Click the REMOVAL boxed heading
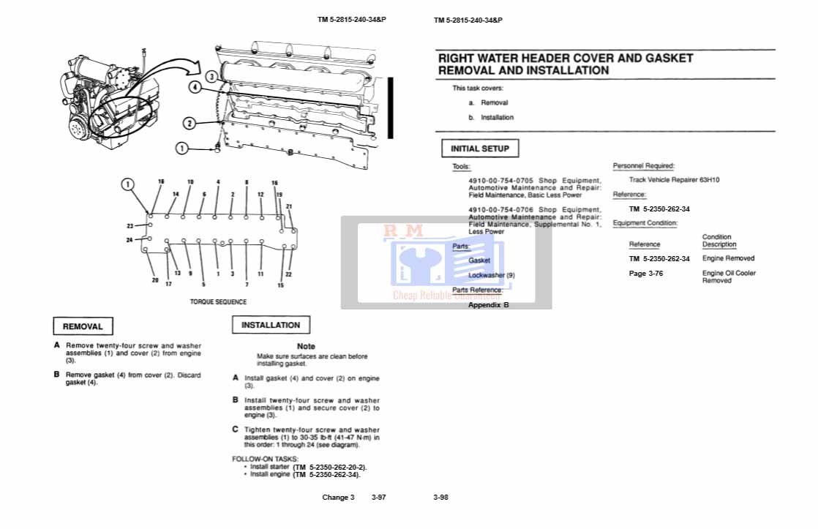click(83, 326)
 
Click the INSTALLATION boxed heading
click(271, 325)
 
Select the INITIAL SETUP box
click(480, 149)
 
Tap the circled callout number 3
click(211, 76)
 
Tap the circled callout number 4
click(195, 86)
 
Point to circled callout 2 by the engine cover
click(189, 124)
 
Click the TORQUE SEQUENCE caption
click(218, 301)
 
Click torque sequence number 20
click(155, 280)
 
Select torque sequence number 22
click(288, 274)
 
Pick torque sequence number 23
click(130, 226)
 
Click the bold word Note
click(307, 346)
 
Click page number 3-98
click(440, 498)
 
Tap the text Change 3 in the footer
click(338, 498)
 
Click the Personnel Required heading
click(643, 166)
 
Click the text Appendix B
click(488, 304)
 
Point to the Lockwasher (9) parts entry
click(491, 275)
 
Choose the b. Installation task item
click(492, 117)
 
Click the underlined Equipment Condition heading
click(645, 223)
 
